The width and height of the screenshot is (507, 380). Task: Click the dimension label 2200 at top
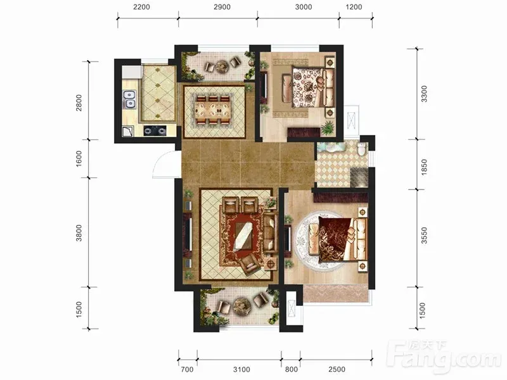pos(141,7)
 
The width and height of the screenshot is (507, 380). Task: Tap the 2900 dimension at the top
pos(222,7)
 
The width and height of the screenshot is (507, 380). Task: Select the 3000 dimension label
pos(304,7)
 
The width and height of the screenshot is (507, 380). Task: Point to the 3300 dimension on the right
pos(424,94)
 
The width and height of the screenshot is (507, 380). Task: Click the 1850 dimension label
pos(424,167)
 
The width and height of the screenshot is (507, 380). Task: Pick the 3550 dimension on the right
pos(424,235)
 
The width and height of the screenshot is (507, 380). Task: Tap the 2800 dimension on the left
pos(79,103)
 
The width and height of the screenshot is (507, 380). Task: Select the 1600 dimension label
pos(79,159)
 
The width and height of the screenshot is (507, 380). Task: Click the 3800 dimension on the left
pos(79,233)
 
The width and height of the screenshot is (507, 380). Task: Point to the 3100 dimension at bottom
pos(241,369)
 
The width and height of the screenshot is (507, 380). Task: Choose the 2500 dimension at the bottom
pos(337,369)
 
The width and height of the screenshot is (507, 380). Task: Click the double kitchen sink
pos(129,99)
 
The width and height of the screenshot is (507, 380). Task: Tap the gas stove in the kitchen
pos(155,130)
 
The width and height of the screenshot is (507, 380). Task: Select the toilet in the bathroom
pos(362,149)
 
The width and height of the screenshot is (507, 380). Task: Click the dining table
pos(213,110)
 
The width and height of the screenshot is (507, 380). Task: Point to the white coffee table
pos(243,236)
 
